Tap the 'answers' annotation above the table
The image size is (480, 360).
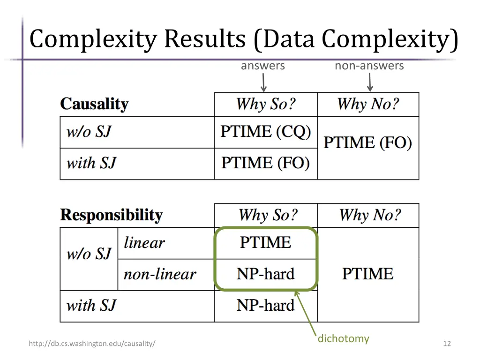tap(262, 66)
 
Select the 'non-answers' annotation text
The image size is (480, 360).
tap(369, 66)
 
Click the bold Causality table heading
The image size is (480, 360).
tap(94, 104)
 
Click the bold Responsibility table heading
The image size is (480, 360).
tap(111, 215)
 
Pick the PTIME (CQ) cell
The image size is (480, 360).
tap(266, 132)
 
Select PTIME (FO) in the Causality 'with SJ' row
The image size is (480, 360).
tap(266, 163)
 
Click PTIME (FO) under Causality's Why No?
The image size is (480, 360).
tap(368, 143)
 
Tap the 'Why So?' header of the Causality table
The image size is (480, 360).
tap(266, 104)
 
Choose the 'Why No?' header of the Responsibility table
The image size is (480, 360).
tap(370, 215)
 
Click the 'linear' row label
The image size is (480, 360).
tap(144, 243)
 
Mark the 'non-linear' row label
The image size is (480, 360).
tap(160, 274)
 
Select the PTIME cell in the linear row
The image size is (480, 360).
tap(266, 243)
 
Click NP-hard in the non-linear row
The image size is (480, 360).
tap(266, 274)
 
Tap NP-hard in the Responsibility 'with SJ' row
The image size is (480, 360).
tap(266, 306)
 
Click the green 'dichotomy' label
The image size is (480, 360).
tap(343, 338)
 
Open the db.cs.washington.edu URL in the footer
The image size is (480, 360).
tap(92, 344)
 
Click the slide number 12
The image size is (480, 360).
tap(447, 344)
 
